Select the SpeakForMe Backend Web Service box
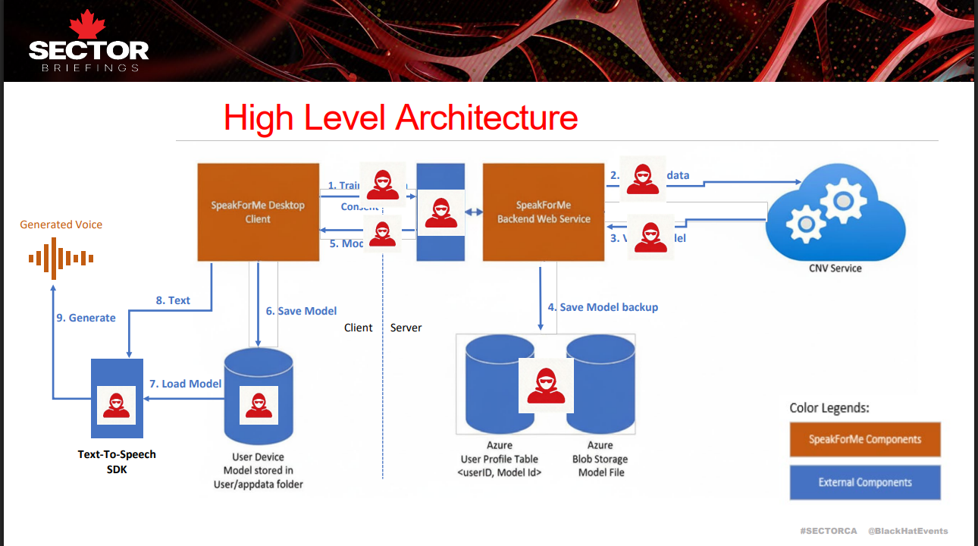coord(544,212)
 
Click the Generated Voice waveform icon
coord(61,258)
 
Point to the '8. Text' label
coord(173,300)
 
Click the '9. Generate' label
coord(86,318)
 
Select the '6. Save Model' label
coord(301,311)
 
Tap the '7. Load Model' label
coord(185,384)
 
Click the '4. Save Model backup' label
coord(603,307)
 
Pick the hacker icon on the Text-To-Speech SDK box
coord(116,405)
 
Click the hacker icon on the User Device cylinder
coord(259,405)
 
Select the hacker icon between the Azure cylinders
coord(546,385)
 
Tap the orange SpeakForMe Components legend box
coord(865,439)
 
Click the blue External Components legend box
coord(865,482)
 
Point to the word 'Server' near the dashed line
coord(406,328)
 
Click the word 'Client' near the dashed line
coord(359,328)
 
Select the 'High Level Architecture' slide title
coord(400,118)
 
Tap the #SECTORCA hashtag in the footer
coord(828,531)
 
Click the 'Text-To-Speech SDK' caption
coord(117,461)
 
